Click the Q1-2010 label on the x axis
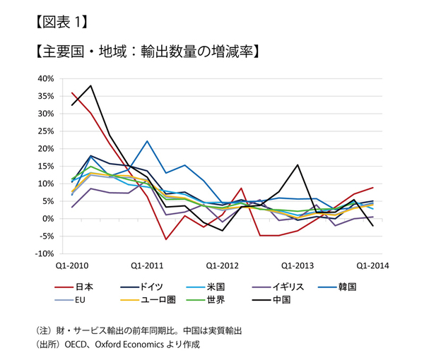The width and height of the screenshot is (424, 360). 72,266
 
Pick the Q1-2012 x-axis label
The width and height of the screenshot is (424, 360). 223,266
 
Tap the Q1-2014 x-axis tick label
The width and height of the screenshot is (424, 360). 372,266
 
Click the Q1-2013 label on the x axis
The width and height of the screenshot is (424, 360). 298,266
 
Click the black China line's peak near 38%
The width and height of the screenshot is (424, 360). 91,85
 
